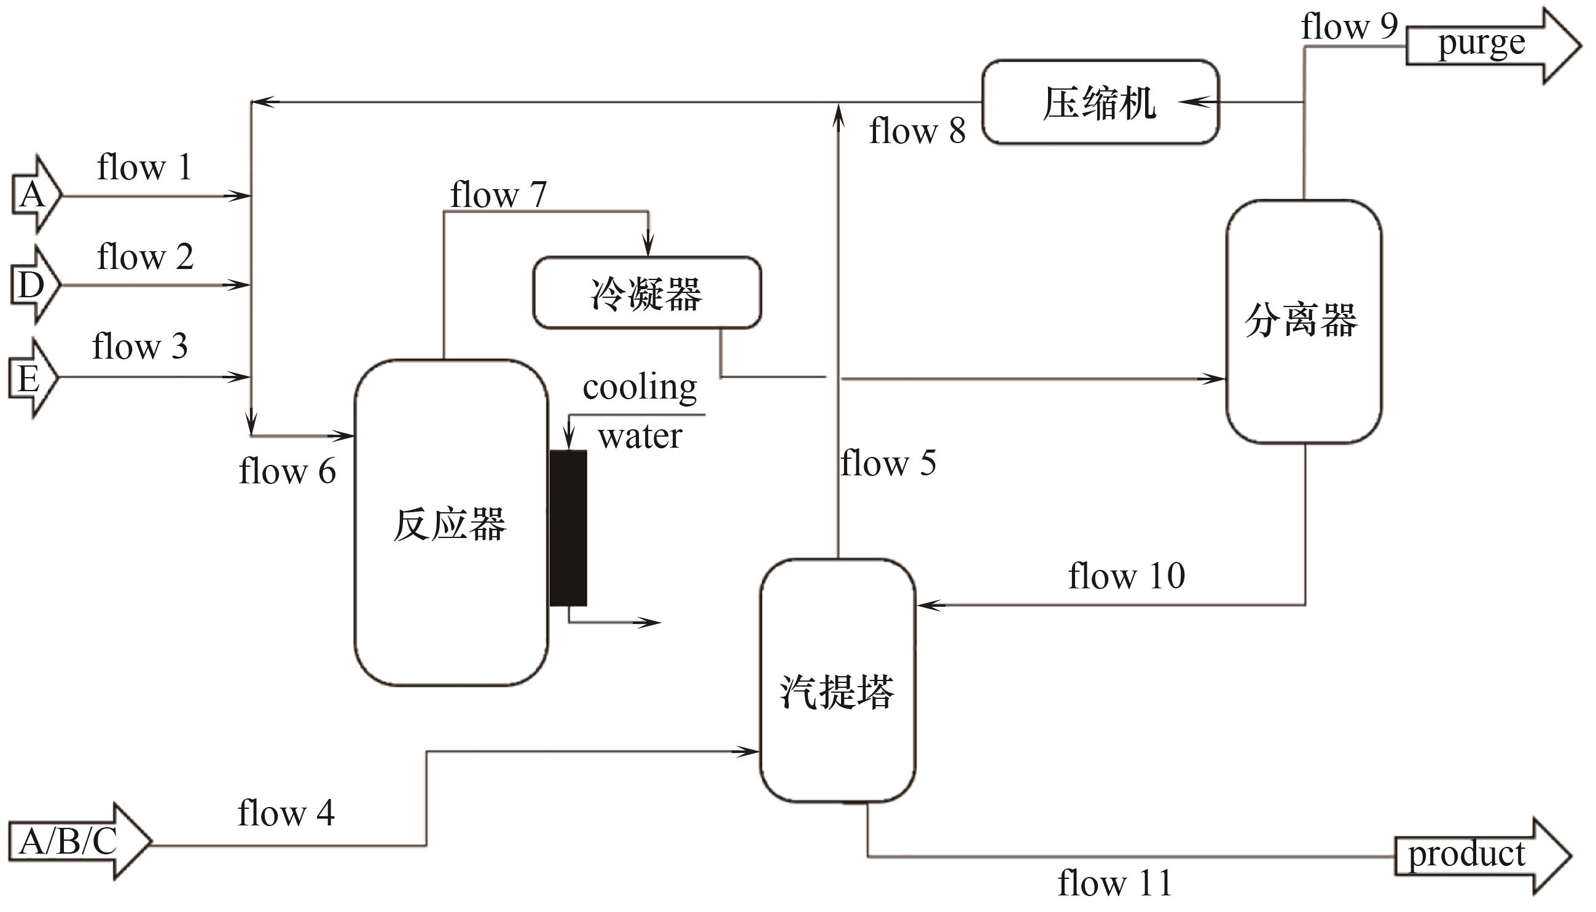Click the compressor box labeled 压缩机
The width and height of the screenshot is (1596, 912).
pos(1100,103)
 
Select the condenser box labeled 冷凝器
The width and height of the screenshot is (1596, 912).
pos(647,293)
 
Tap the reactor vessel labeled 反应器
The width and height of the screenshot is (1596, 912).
pos(451,523)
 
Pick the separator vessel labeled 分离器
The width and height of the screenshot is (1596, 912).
pos(1304,321)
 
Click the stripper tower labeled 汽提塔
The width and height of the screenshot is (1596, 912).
pos(837,681)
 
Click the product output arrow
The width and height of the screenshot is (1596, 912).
pos(1482,855)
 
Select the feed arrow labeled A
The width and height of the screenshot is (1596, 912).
pos(35,195)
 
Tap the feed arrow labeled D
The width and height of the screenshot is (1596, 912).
pos(34,285)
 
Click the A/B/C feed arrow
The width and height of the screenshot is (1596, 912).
pos(78,841)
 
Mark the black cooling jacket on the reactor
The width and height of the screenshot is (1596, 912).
pos(568,528)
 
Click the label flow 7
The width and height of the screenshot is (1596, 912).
pos(499,195)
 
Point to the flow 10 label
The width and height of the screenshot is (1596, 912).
pos(1126,576)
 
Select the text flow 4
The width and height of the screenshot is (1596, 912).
pos(286,814)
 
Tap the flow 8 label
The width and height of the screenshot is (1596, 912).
pos(917,131)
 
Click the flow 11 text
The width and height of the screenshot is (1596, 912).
pos(1115,884)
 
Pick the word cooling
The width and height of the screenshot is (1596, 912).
pos(640,388)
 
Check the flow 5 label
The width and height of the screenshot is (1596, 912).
pos(888,464)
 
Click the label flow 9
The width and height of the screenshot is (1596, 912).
pos(1349,26)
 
